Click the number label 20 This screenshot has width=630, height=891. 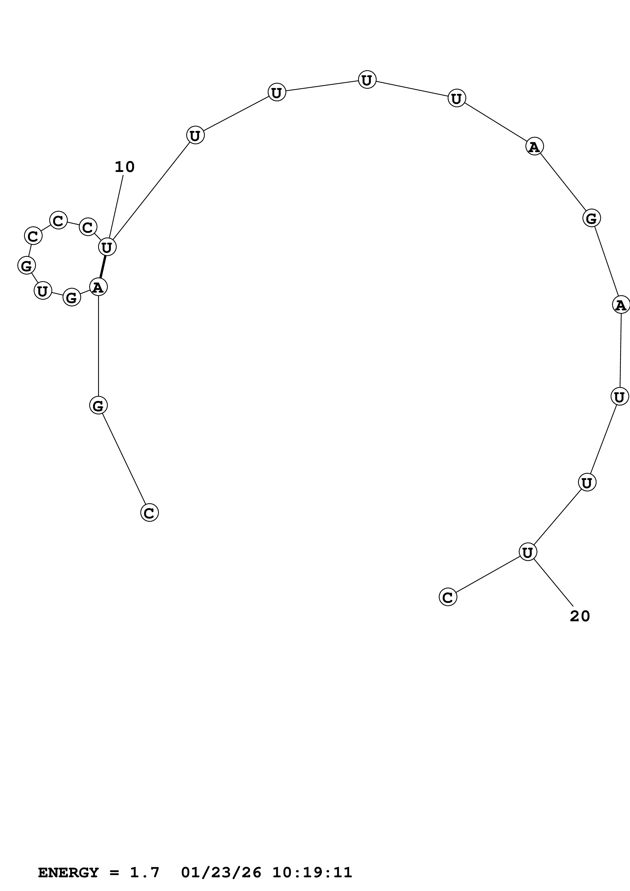tap(579, 616)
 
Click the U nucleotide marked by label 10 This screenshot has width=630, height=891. tap(107, 247)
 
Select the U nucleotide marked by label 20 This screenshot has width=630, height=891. tap(528, 552)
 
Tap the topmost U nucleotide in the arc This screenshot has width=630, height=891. tap(367, 80)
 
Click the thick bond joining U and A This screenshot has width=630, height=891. tap(103, 267)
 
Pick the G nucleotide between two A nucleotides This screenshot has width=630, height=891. tap(591, 218)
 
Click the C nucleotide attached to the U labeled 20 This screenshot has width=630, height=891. tap(448, 597)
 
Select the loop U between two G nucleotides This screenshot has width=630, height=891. tap(43, 290)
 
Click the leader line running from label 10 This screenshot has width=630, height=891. tap(116, 206)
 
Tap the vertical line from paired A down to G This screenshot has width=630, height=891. tap(98, 345)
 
